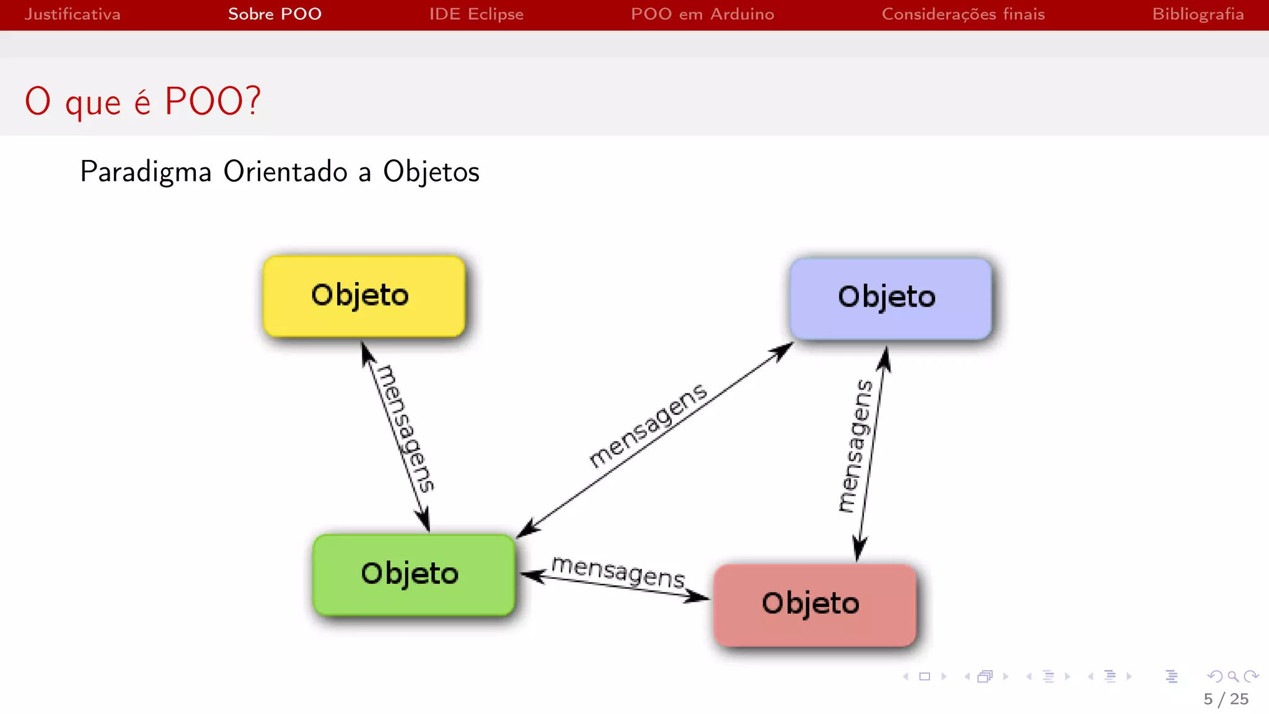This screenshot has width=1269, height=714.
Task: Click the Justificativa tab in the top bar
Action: [x=72, y=14]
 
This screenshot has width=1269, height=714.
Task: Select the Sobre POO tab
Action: [x=274, y=14]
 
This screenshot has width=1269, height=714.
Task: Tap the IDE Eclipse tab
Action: [x=476, y=14]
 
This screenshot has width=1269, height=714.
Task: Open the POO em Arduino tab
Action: [x=702, y=14]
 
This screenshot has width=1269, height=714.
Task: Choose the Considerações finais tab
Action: [x=963, y=14]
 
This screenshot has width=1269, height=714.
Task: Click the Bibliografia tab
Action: [x=1198, y=14]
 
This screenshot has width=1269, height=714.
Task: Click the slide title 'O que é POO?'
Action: [x=143, y=101]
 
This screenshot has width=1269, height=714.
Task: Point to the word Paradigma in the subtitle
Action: [x=146, y=172]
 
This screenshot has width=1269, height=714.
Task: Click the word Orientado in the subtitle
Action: [x=285, y=172]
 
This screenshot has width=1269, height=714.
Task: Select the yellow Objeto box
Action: [x=364, y=296]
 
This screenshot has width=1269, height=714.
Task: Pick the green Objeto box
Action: [x=413, y=575]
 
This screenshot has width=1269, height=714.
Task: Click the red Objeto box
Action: [x=814, y=605]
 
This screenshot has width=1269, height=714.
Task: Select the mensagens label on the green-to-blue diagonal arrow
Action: [x=648, y=426]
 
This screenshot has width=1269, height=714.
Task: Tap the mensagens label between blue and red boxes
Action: [x=854, y=446]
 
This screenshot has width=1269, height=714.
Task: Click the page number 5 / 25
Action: [x=1226, y=699]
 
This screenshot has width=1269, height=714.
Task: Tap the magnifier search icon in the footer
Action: [x=1233, y=676]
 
